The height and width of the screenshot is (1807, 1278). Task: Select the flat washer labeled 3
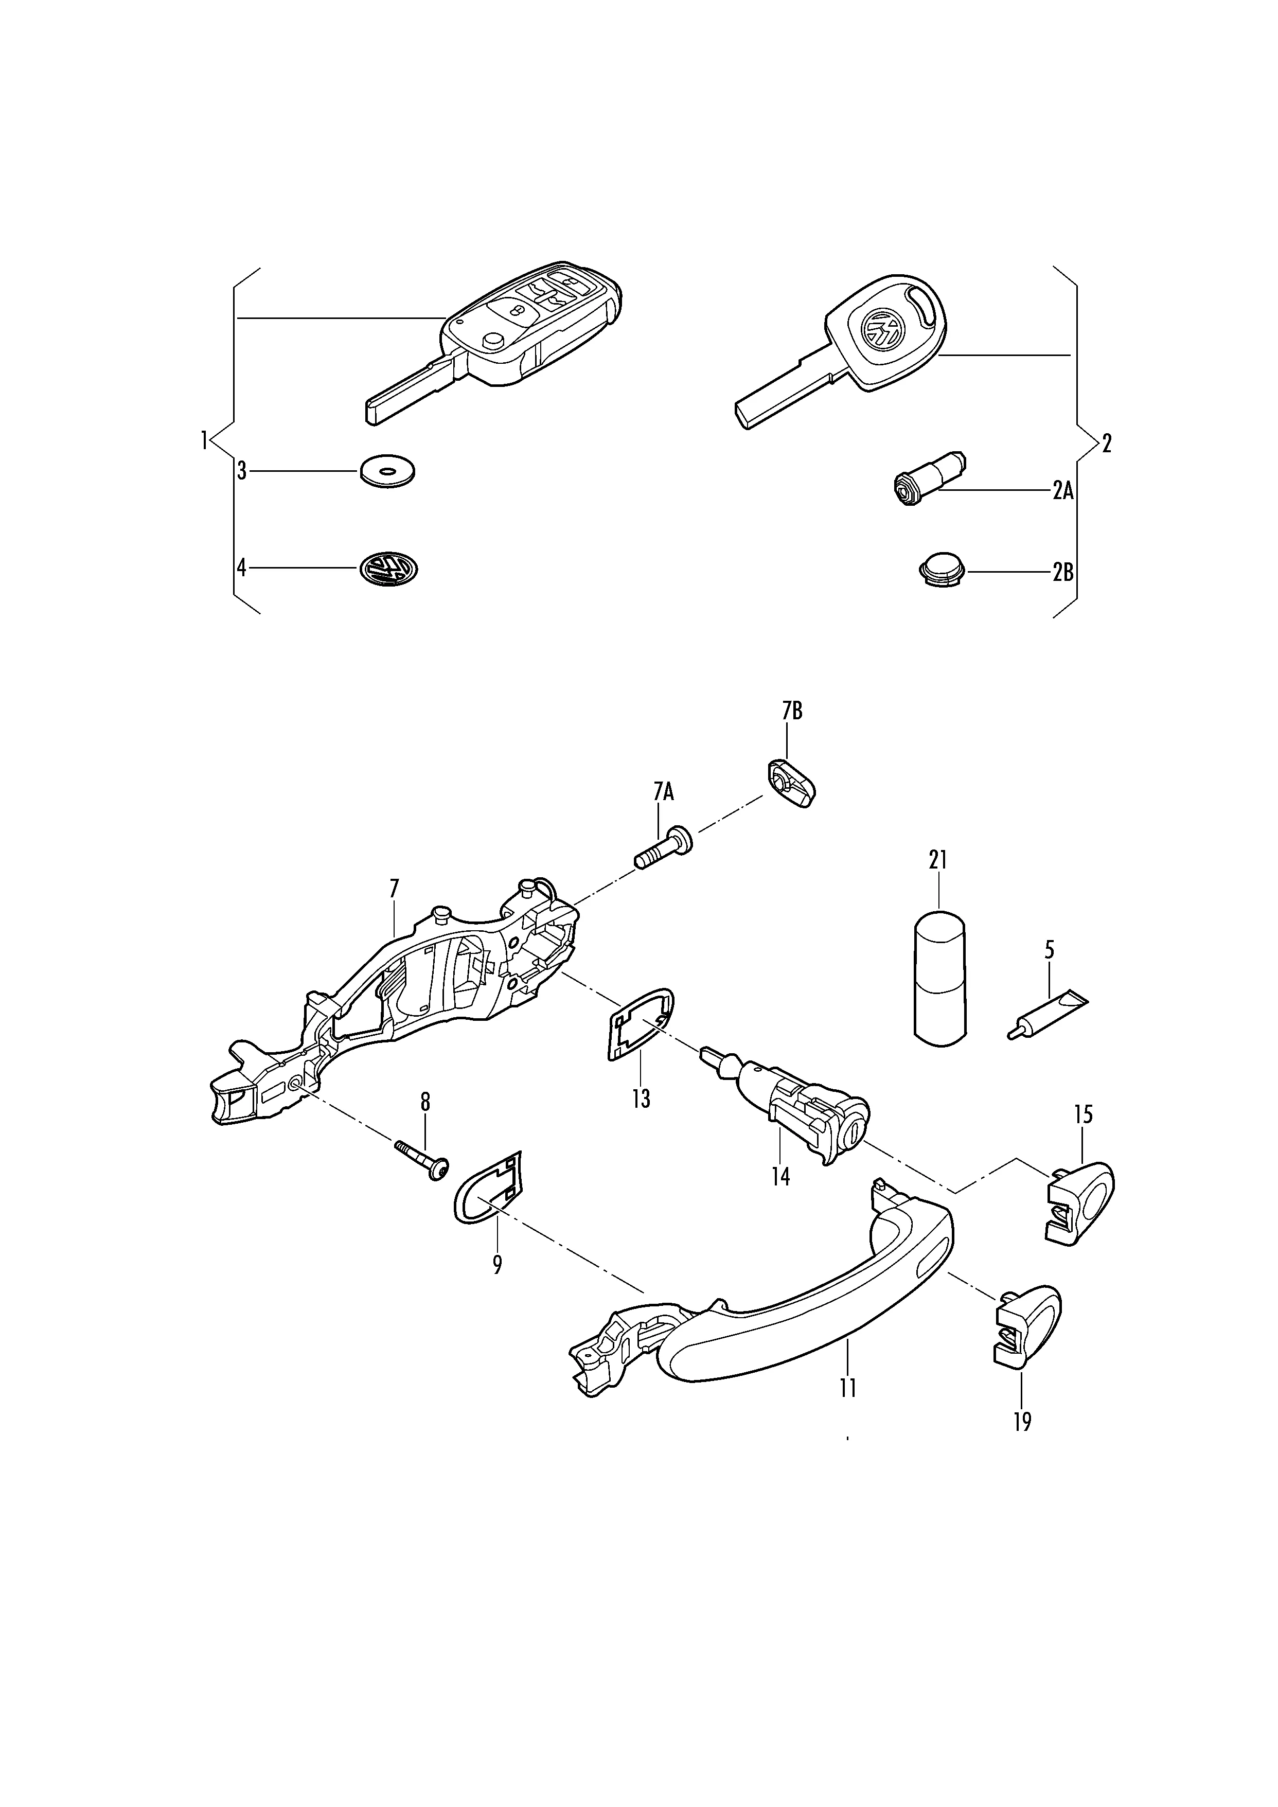[x=387, y=471]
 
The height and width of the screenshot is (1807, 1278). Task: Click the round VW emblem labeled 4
[x=389, y=568]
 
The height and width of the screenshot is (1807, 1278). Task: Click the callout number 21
[x=938, y=860]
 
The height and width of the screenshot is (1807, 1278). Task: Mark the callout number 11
[x=847, y=1388]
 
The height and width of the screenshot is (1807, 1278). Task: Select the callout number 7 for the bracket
[x=394, y=889]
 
